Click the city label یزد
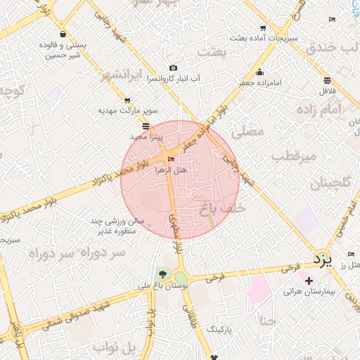point(322,259)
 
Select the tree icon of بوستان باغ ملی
point(163,274)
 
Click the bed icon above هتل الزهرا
point(172,160)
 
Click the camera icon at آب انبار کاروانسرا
point(173,68)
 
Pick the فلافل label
point(328,91)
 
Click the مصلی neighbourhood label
point(251,131)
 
